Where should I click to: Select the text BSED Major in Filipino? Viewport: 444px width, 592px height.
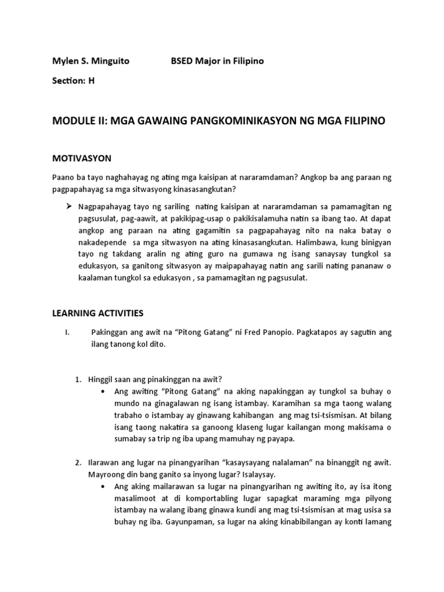tap(217, 61)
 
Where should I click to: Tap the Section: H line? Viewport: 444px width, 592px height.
tap(73, 81)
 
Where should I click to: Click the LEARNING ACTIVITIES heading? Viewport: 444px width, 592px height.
tap(98, 313)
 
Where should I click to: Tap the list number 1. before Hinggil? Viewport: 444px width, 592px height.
tap(78, 379)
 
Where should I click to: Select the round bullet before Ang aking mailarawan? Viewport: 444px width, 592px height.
tap(103, 486)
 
